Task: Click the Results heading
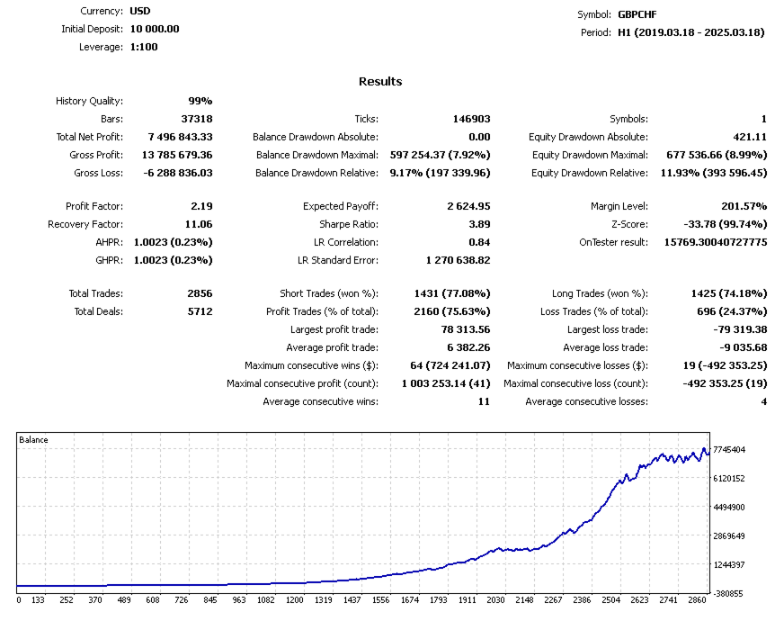pyautogui.click(x=380, y=82)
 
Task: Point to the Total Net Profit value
pyautogui.click(x=174, y=137)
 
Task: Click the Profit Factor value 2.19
pyautogui.click(x=201, y=206)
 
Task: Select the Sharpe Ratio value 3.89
pyautogui.click(x=478, y=224)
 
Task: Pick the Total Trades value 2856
pyautogui.click(x=198, y=293)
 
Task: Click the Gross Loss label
pyautogui.click(x=98, y=173)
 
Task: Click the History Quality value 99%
pyautogui.click(x=200, y=101)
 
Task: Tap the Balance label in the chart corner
pyautogui.click(x=34, y=440)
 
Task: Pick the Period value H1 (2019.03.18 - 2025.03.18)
pyautogui.click(x=690, y=32)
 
